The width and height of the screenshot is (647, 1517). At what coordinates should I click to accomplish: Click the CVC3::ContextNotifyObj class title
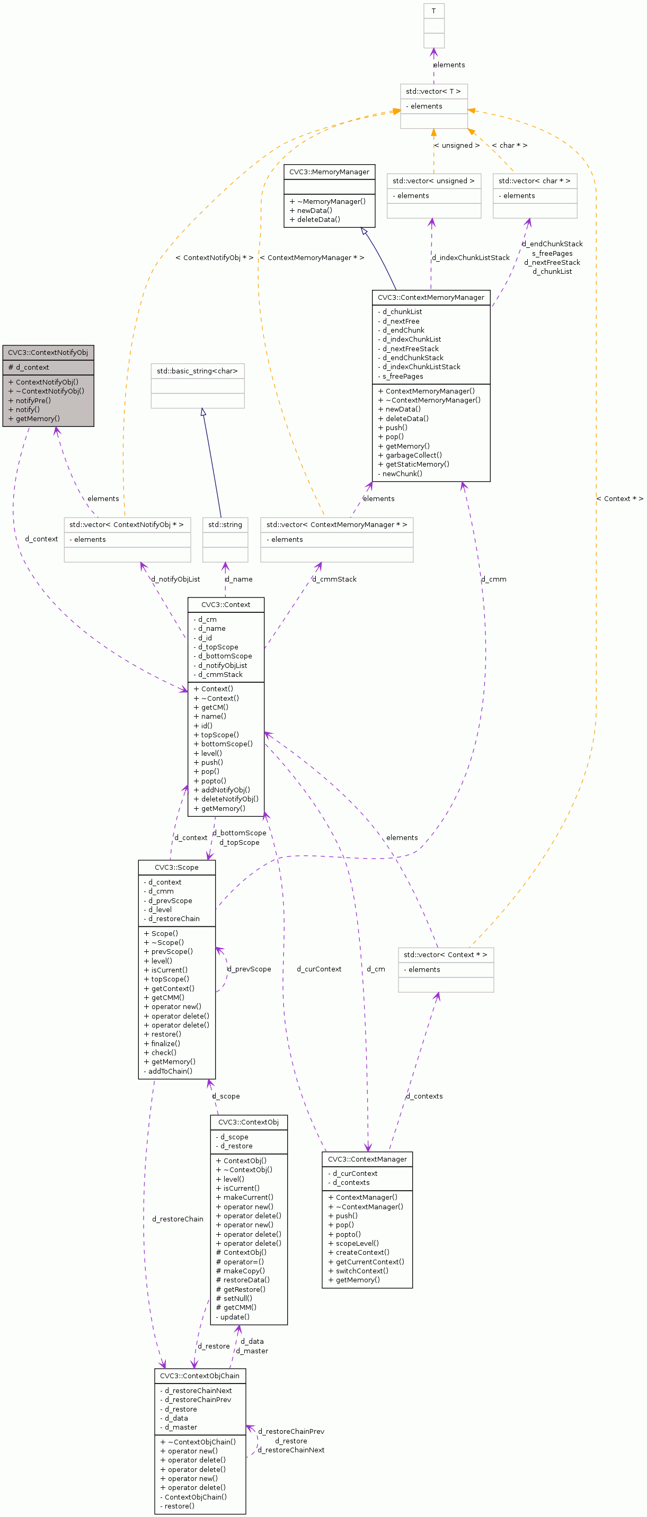48,352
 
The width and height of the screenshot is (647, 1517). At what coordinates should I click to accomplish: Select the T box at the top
433,11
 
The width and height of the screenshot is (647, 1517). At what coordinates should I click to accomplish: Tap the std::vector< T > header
433,91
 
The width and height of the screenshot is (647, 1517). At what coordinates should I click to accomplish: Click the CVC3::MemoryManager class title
329,172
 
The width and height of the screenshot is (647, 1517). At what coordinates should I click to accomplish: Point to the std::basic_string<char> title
198,371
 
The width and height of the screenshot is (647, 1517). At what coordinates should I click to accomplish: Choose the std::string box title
225,524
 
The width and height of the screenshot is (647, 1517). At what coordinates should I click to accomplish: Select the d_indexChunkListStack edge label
470,257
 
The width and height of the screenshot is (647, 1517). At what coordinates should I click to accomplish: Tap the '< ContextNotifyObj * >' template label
215,257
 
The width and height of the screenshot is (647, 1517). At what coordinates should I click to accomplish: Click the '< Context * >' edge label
619,499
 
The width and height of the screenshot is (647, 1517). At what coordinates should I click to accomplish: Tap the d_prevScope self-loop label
249,969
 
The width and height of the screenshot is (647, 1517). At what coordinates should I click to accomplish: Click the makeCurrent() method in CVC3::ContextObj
247,1197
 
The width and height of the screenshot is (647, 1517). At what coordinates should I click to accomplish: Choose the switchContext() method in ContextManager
362,1271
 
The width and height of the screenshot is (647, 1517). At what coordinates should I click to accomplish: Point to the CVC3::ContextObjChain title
200,1376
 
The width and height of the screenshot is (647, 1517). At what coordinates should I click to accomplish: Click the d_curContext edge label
319,969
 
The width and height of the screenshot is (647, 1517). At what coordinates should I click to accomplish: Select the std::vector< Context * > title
445,954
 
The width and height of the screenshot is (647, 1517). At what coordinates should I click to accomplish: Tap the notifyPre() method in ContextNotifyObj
33,400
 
